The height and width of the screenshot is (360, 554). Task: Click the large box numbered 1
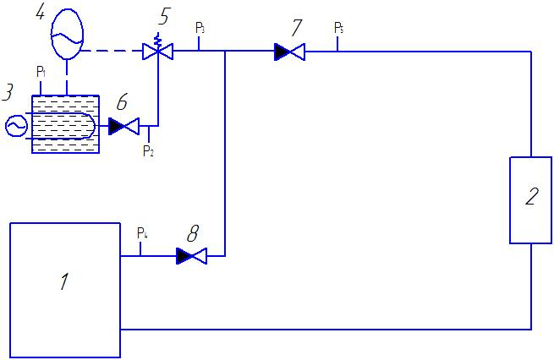pos(65,290)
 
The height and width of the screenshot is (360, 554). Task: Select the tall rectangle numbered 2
pos(530,200)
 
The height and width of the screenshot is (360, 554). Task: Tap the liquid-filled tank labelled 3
pos(65,124)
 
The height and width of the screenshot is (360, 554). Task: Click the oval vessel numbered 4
pos(67,34)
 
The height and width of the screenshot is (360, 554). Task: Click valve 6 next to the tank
pos(123,126)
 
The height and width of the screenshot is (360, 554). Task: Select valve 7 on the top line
pos(290,52)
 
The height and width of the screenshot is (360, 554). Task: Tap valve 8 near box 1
pos(191,256)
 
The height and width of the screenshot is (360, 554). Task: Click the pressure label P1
pos(41,72)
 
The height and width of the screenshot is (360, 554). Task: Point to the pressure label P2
pos(148,151)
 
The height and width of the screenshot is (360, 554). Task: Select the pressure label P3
pos(200,28)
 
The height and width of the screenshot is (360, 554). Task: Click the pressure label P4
pos(142,233)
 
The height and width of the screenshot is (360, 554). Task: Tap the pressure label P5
pos(339,28)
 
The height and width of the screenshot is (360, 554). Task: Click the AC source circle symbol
pos(16,126)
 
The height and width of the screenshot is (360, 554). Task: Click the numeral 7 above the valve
pos(297,28)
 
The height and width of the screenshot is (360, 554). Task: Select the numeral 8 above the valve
pos(193,233)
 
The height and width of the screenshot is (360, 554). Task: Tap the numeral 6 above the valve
pos(122,102)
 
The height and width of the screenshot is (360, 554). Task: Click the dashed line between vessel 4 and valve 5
pos(112,52)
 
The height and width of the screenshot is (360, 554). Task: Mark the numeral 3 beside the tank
pos(8,92)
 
